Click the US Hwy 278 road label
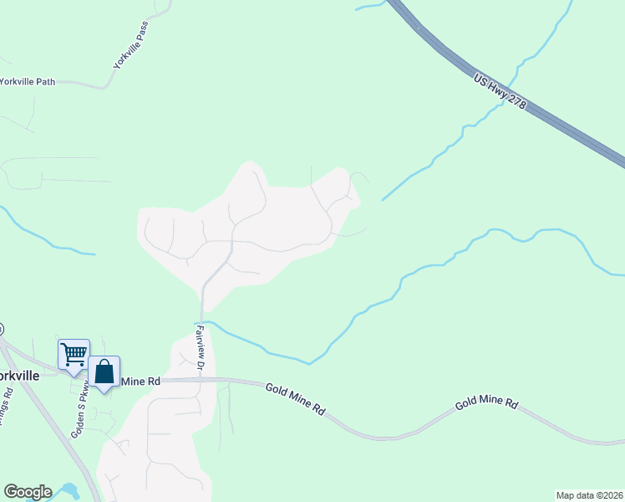500,93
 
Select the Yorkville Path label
28,81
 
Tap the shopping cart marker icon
74,354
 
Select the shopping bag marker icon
104,371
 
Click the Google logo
28,492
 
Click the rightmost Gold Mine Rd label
487,403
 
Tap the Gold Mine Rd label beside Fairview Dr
296,400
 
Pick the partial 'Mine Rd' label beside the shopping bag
140,382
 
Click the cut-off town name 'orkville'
19,376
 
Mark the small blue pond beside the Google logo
67,490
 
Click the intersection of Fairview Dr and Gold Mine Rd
201,379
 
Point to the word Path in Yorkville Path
43,81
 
